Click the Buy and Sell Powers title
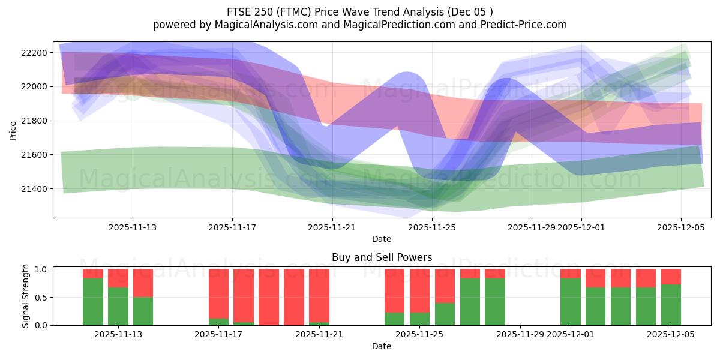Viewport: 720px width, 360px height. [382, 257]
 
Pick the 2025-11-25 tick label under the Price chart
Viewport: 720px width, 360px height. [432, 227]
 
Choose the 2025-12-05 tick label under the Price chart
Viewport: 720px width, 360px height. [680, 227]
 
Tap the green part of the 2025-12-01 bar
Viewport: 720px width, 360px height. [570, 302]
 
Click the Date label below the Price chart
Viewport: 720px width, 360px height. [382, 239]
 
